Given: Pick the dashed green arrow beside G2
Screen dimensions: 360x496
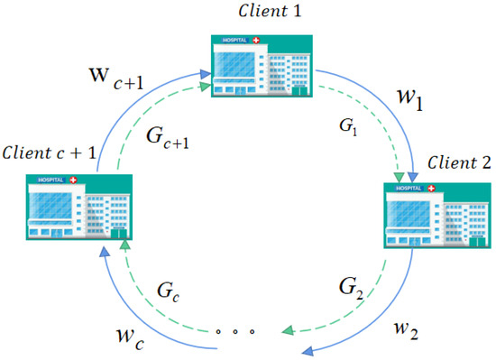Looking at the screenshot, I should pyautogui.click(x=361, y=289).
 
